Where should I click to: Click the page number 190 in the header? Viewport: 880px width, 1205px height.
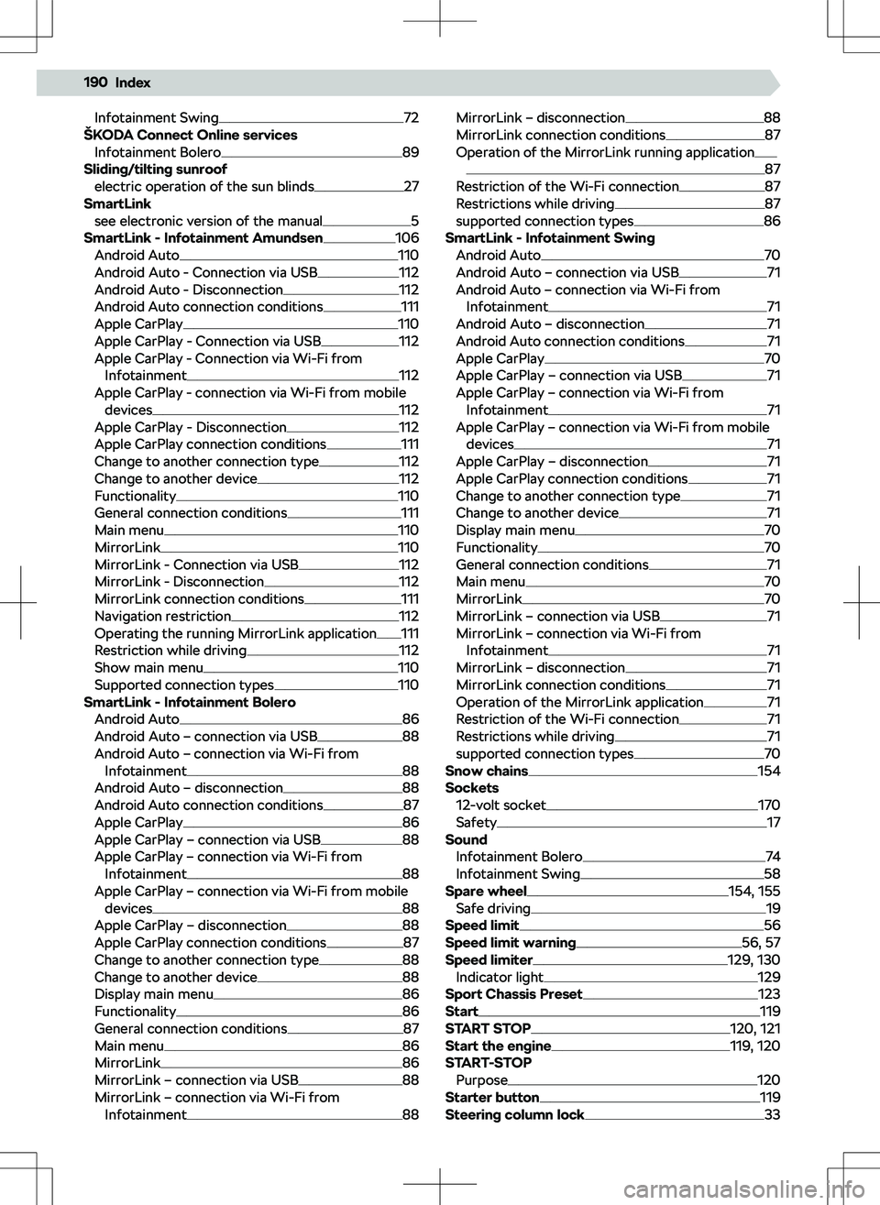point(94,82)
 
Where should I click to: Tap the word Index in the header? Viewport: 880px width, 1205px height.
point(133,82)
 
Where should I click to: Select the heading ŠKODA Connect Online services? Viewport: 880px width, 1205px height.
point(190,135)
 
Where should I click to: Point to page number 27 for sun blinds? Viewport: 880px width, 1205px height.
point(412,186)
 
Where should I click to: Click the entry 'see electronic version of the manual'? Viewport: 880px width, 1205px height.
point(208,221)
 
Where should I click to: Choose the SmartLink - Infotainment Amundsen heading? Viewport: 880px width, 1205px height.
point(203,238)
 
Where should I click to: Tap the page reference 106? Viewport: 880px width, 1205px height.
point(407,238)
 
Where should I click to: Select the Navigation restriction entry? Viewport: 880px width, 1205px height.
point(162,616)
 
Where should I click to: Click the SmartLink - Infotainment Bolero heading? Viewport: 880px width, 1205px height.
point(189,702)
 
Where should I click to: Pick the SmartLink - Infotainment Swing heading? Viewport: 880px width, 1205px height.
point(550,238)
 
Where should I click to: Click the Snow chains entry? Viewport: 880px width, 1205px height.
point(487,771)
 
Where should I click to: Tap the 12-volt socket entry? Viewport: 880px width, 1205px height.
point(500,805)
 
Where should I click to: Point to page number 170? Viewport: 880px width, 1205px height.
point(769,805)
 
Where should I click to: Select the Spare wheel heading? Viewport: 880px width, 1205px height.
point(486,891)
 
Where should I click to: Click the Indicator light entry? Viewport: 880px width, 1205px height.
point(500,977)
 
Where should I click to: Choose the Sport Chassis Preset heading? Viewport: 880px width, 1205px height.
point(513,994)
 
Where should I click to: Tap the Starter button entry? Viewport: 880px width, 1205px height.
point(491,1097)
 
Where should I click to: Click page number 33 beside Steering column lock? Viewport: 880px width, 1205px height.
point(773,1114)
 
